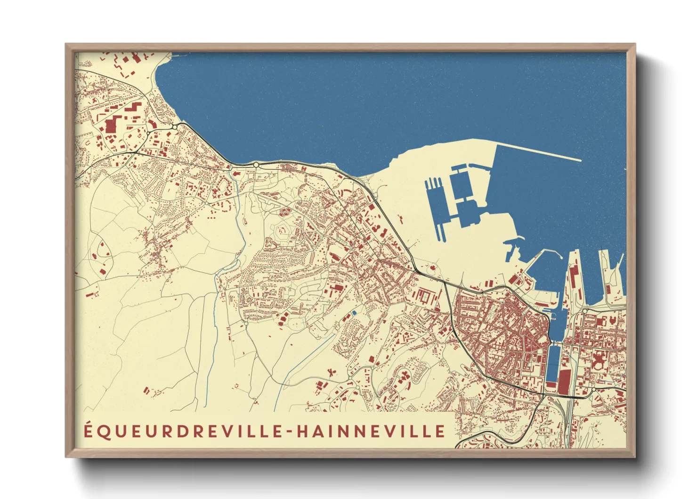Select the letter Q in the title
click(104, 432)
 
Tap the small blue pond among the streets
click(354, 313)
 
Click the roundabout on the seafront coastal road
click(256, 165)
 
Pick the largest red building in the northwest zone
click(112, 126)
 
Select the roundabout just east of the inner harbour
click(584, 311)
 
